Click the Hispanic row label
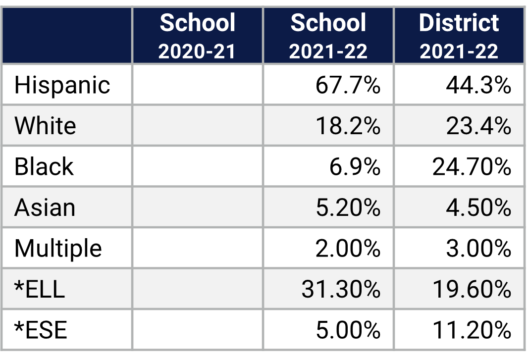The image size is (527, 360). click(x=62, y=85)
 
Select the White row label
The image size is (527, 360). click(x=45, y=126)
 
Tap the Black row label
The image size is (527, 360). click(x=44, y=166)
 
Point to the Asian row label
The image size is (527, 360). click(x=45, y=207)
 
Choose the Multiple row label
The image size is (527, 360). click(x=58, y=248)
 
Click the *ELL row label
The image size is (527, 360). click(x=40, y=289)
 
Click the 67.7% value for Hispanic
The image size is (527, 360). click(x=348, y=85)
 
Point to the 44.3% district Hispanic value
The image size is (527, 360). click(x=478, y=85)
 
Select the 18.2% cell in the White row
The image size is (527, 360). click(x=348, y=126)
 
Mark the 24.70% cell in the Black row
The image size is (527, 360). click(x=472, y=167)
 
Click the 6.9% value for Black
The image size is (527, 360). click(x=355, y=167)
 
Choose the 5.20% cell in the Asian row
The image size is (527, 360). click(x=348, y=207)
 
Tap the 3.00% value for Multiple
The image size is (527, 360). click(x=478, y=248)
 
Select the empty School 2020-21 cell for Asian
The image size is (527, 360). click(x=197, y=207)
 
